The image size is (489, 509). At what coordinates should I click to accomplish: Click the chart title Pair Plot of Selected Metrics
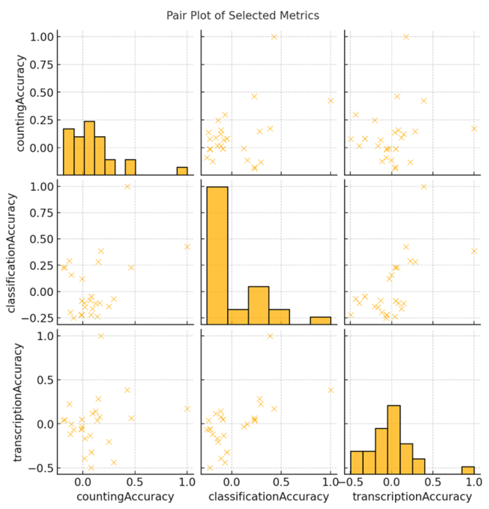(x=242, y=16)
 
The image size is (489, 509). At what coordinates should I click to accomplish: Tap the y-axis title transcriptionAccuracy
(x=18, y=403)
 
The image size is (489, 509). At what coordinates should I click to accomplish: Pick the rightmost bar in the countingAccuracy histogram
(x=182, y=171)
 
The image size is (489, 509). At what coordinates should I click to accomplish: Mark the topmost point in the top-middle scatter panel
(x=274, y=37)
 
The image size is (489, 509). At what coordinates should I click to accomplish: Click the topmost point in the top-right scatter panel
(x=406, y=37)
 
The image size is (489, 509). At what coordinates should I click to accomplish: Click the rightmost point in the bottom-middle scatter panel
(x=330, y=390)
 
